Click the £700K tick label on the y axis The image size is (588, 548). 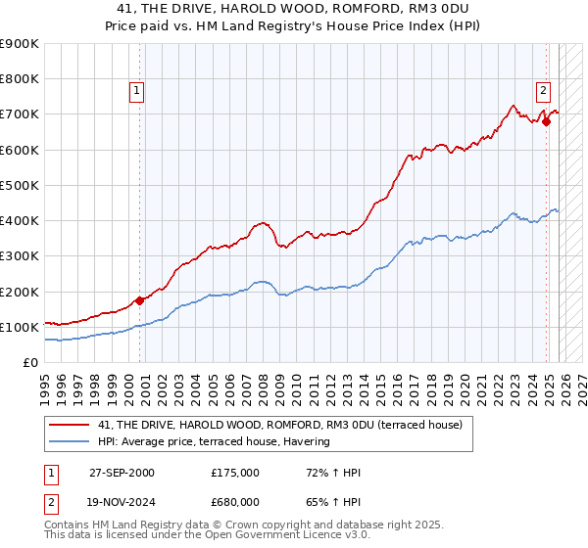pyautogui.click(x=19, y=114)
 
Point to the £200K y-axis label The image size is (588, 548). pyautogui.click(x=19, y=292)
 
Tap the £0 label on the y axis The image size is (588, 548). pyautogui.click(x=29, y=363)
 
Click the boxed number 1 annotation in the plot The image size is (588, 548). pyautogui.click(x=136, y=91)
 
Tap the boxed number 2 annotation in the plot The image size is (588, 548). pyautogui.click(x=542, y=91)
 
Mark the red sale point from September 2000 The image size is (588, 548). pyautogui.click(x=140, y=300)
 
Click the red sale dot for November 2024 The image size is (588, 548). pyautogui.click(x=546, y=121)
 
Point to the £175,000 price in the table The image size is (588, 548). pyautogui.click(x=234, y=473)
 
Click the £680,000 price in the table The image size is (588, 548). pyautogui.click(x=234, y=502)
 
